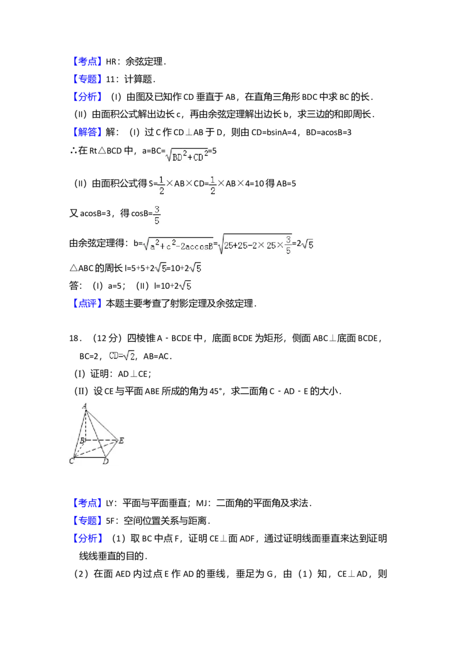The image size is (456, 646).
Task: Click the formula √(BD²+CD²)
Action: tap(187, 155)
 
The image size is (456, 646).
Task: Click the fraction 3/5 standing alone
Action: tap(157, 215)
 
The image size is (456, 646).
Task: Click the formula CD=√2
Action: tap(121, 357)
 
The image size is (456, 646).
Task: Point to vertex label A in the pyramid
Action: tap(85, 406)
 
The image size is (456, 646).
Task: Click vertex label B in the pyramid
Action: tap(82, 441)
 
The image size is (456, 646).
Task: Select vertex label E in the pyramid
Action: tap(121, 441)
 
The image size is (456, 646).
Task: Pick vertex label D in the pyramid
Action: tap(105, 461)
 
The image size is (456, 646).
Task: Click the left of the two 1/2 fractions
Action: tap(162, 185)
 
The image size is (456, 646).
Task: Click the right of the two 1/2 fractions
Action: tap(212, 185)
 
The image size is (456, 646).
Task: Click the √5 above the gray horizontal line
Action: tap(185, 285)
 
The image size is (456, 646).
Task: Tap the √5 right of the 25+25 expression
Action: tap(307, 245)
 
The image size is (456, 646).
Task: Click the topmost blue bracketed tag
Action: tap(88, 62)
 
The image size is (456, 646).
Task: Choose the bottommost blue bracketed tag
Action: tap(88, 538)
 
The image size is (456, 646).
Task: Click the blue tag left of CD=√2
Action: tap(88, 304)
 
